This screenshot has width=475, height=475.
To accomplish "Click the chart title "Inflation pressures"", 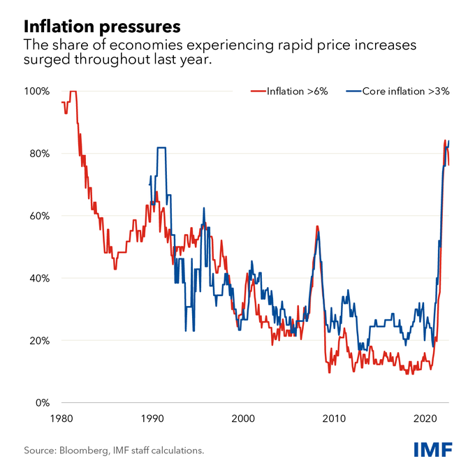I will pos(102,27).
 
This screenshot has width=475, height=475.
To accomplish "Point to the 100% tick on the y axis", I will pos(37,92).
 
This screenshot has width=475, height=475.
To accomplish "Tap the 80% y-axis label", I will pos(39,154).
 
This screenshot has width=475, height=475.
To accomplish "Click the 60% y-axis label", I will pos(39,216).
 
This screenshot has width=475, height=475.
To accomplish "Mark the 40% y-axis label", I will pos(39,278).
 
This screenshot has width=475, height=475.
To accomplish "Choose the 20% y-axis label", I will pos(39,341).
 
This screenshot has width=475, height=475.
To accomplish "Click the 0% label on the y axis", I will pos(43,403).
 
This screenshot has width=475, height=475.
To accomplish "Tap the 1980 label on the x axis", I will pos(60,418).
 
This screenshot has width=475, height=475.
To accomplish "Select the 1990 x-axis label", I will pos(152,418).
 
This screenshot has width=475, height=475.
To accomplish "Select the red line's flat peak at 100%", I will pos(73,92).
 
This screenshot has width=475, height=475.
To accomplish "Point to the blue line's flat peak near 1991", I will pos(161,147).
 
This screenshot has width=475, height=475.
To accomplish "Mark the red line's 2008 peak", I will pos(317,226).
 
